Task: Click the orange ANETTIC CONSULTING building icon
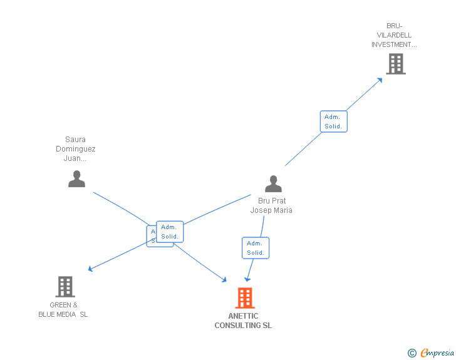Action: [x=245, y=298]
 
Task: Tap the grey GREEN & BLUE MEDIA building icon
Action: [x=65, y=287]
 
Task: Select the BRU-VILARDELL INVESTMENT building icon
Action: [x=395, y=64]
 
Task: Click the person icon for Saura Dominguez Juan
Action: [x=76, y=179]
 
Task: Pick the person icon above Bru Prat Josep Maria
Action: [x=273, y=183]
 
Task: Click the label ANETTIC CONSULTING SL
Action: [x=243, y=321]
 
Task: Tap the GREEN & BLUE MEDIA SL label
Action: [x=63, y=310]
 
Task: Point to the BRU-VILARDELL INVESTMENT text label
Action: [x=394, y=35]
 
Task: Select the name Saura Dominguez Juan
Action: [x=76, y=149]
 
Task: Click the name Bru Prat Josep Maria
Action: [x=271, y=205]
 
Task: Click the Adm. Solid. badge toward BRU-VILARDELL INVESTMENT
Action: [x=333, y=121]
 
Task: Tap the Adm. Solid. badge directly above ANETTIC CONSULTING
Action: [x=256, y=248]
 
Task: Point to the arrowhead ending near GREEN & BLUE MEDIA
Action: [x=91, y=269]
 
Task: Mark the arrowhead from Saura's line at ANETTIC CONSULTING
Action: [x=224, y=279]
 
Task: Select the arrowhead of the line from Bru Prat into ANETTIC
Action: [x=247, y=279]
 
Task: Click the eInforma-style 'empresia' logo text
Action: [x=437, y=353]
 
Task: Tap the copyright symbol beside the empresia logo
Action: [x=412, y=353]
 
